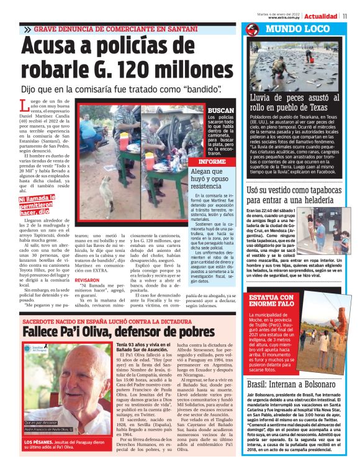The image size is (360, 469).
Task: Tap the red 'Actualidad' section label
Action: [321, 16]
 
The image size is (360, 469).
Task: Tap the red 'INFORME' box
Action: [209, 161]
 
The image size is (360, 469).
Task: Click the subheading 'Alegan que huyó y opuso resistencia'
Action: [210, 177]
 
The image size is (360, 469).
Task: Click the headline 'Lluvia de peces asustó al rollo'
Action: [297, 102]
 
